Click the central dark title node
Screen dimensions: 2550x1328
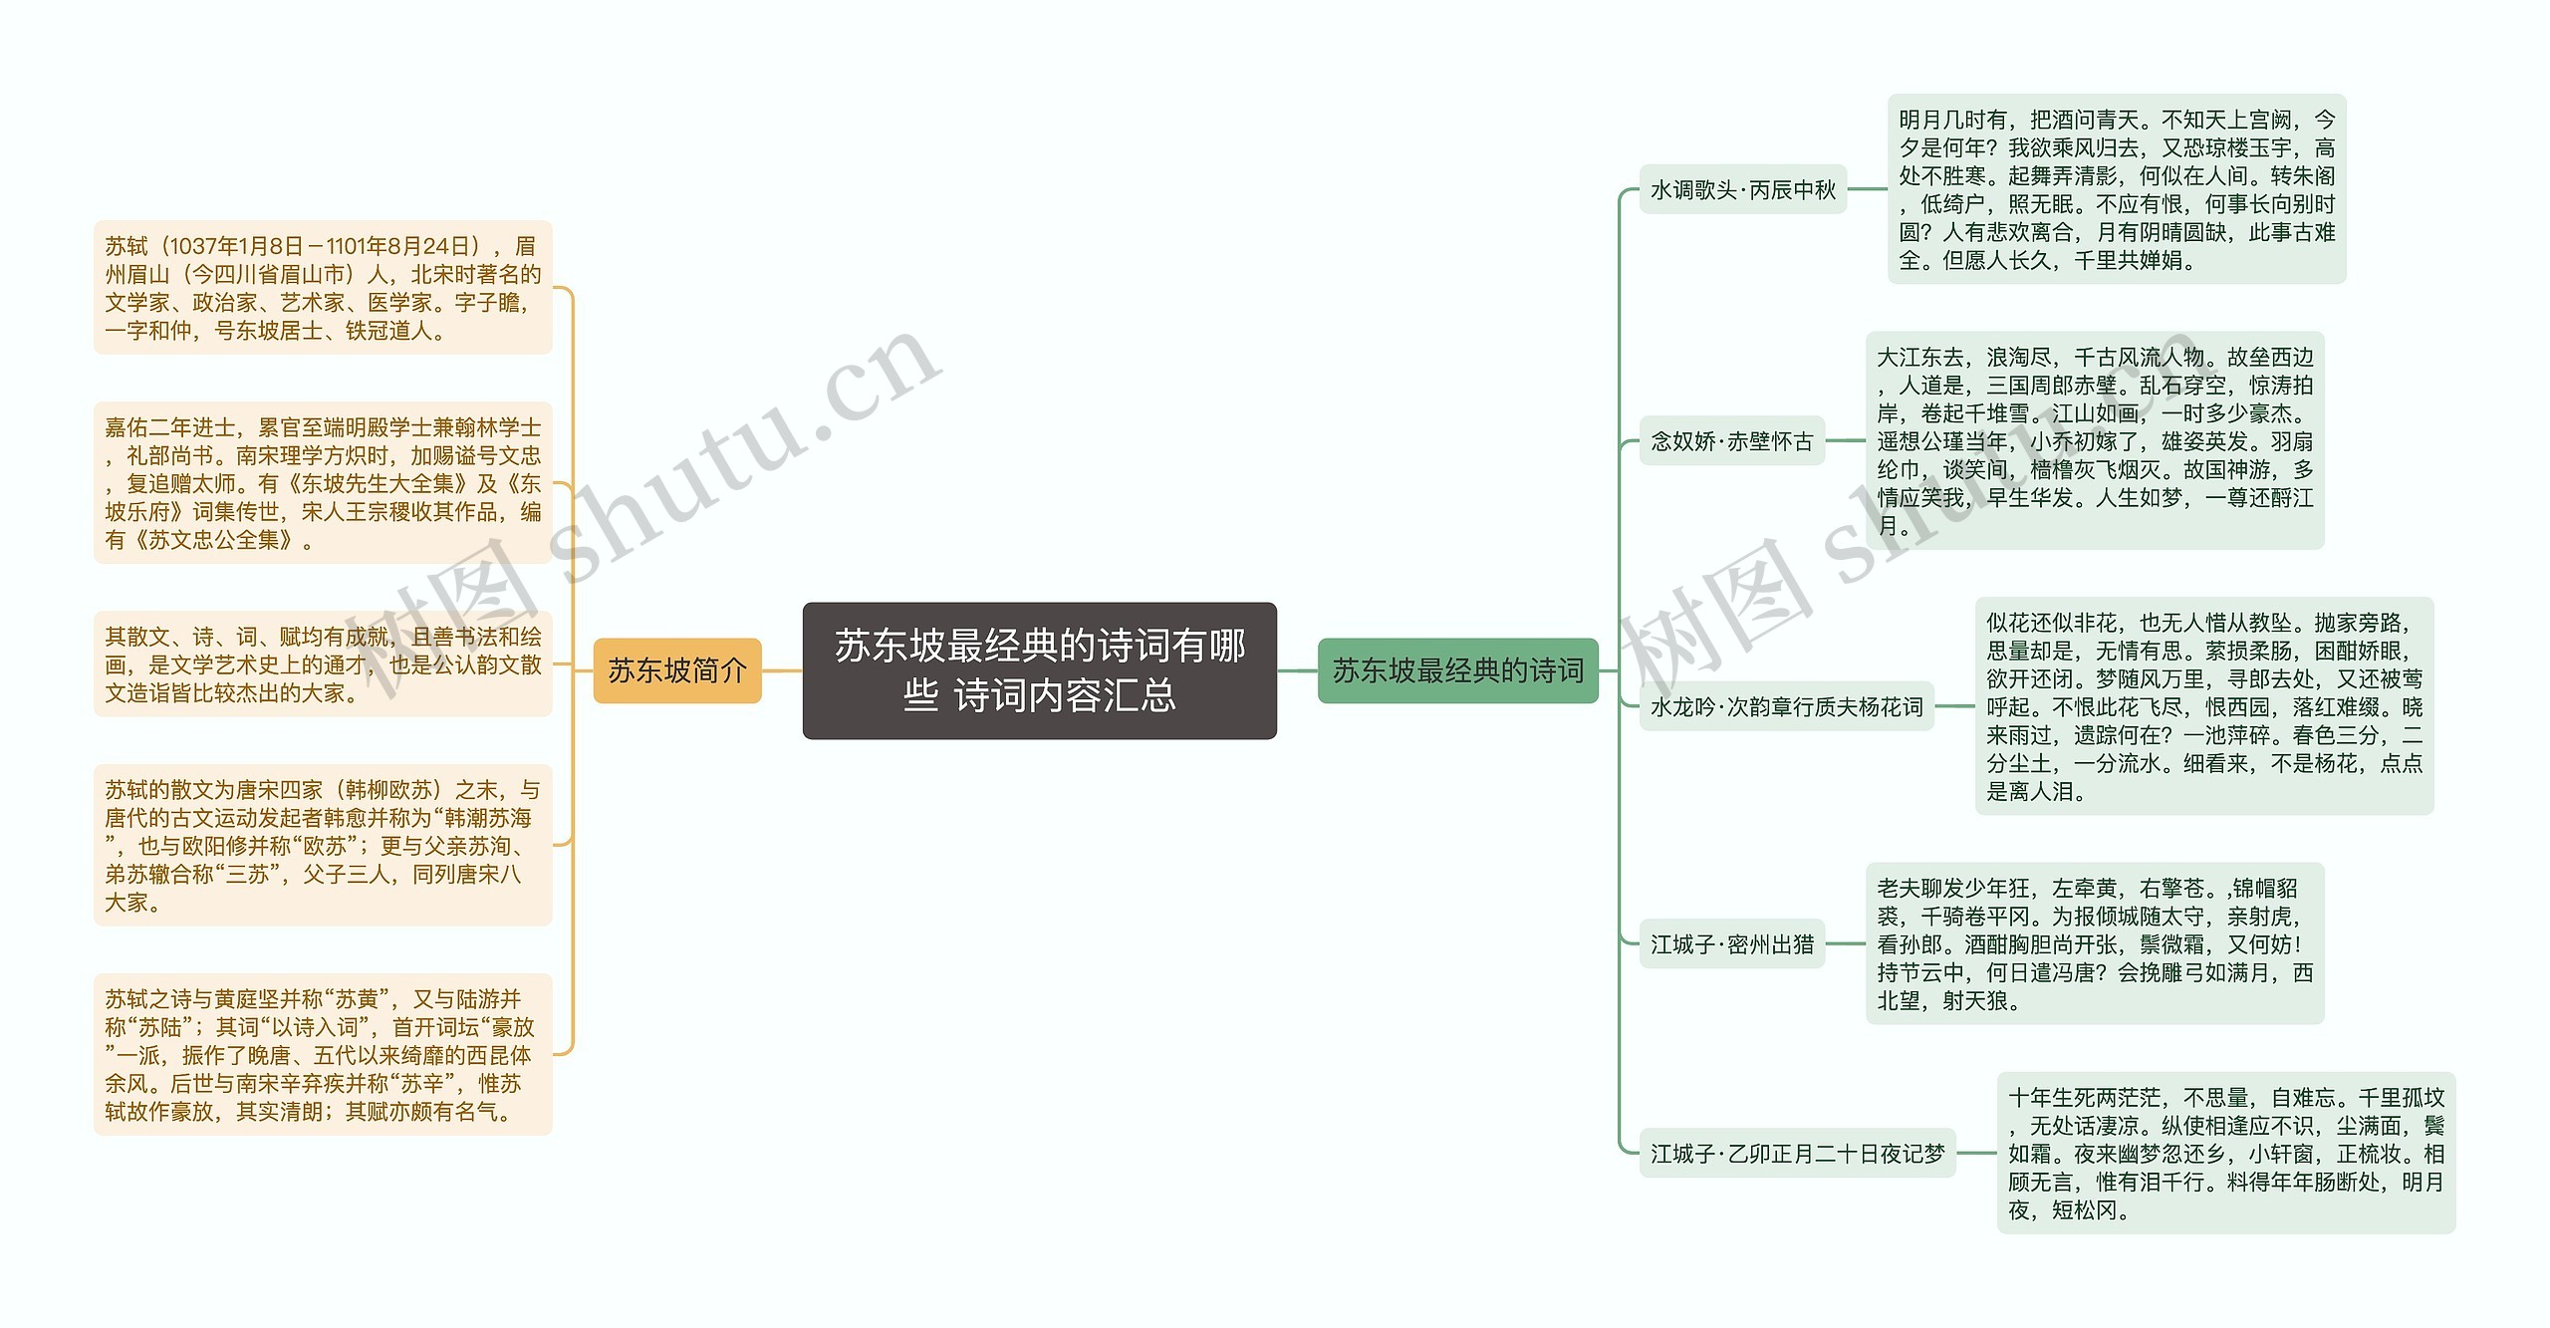pyautogui.click(x=1039, y=670)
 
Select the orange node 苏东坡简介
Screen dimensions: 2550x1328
pyautogui.click(x=677, y=670)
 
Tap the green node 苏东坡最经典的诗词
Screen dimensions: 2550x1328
pyautogui.click(x=1457, y=670)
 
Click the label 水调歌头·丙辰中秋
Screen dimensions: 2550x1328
pyautogui.click(x=1742, y=189)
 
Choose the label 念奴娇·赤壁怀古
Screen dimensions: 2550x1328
pyautogui.click(x=1731, y=440)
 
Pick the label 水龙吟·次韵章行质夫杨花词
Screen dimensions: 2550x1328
pyautogui.click(x=1786, y=706)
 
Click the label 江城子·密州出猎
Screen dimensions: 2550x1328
pyautogui.click(x=1731, y=943)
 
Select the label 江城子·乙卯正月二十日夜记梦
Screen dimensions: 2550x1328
pyautogui.click(x=1797, y=1153)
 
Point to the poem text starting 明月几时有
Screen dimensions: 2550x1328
pyautogui.click(x=2117, y=189)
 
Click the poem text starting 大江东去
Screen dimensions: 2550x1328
pyautogui.click(x=2095, y=440)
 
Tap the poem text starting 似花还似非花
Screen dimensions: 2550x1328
pyautogui.click(x=2203, y=706)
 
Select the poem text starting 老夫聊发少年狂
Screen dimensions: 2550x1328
pyautogui.click(x=2094, y=943)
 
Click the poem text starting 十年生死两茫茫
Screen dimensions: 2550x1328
pyautogui.click(x=2225, y=1153)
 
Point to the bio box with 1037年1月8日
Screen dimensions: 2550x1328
pyautogui.click(x=323, y=288)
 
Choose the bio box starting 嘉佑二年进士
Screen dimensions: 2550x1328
pyautogui.click(x=323, y=483)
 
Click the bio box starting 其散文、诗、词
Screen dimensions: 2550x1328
pyautogui.click(x=323, y=664)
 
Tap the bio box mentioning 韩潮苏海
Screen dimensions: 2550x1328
pyautogui.click(x=323, y=846)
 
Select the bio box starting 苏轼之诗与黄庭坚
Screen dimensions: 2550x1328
pyautogui.click(x=323, y=1054)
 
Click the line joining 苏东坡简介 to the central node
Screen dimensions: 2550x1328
pyautogui.click(x=782, y=670)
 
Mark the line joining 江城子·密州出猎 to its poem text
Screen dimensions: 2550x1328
pyautogui.click(x=1845, y=943)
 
